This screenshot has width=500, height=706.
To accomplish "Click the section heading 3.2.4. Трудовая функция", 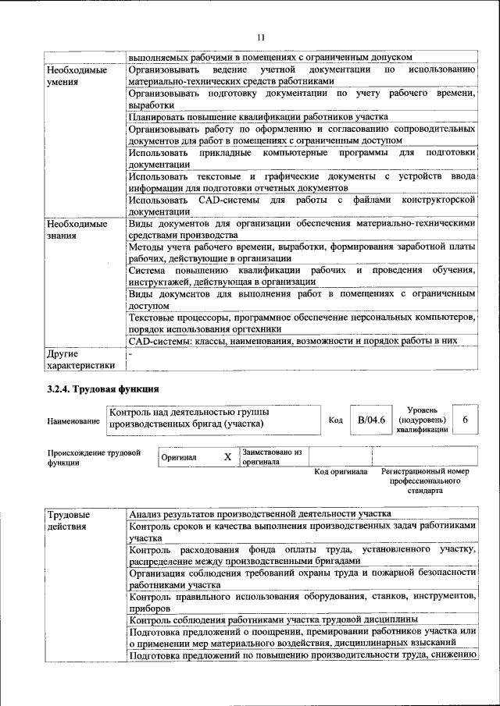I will point(103,388).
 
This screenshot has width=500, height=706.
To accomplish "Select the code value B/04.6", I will point(372,420).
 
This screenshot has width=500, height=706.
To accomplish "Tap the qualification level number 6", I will point(466,420).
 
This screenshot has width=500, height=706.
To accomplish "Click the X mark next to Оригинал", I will point(227,457).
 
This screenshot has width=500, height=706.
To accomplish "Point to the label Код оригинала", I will point(341,472).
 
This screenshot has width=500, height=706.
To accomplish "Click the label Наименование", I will point(73,421).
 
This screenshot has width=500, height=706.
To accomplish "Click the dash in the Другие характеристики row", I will point(131,353).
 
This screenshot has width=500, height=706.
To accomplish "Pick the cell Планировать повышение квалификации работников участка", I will point(247,116).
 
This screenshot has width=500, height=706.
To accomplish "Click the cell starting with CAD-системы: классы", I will point(303,341).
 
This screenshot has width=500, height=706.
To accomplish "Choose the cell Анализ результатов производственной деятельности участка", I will point(260,513).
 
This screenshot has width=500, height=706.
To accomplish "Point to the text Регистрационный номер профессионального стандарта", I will point(425,481).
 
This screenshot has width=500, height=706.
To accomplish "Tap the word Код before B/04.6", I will point(335,420).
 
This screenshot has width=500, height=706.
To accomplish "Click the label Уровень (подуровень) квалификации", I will point(422,420).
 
